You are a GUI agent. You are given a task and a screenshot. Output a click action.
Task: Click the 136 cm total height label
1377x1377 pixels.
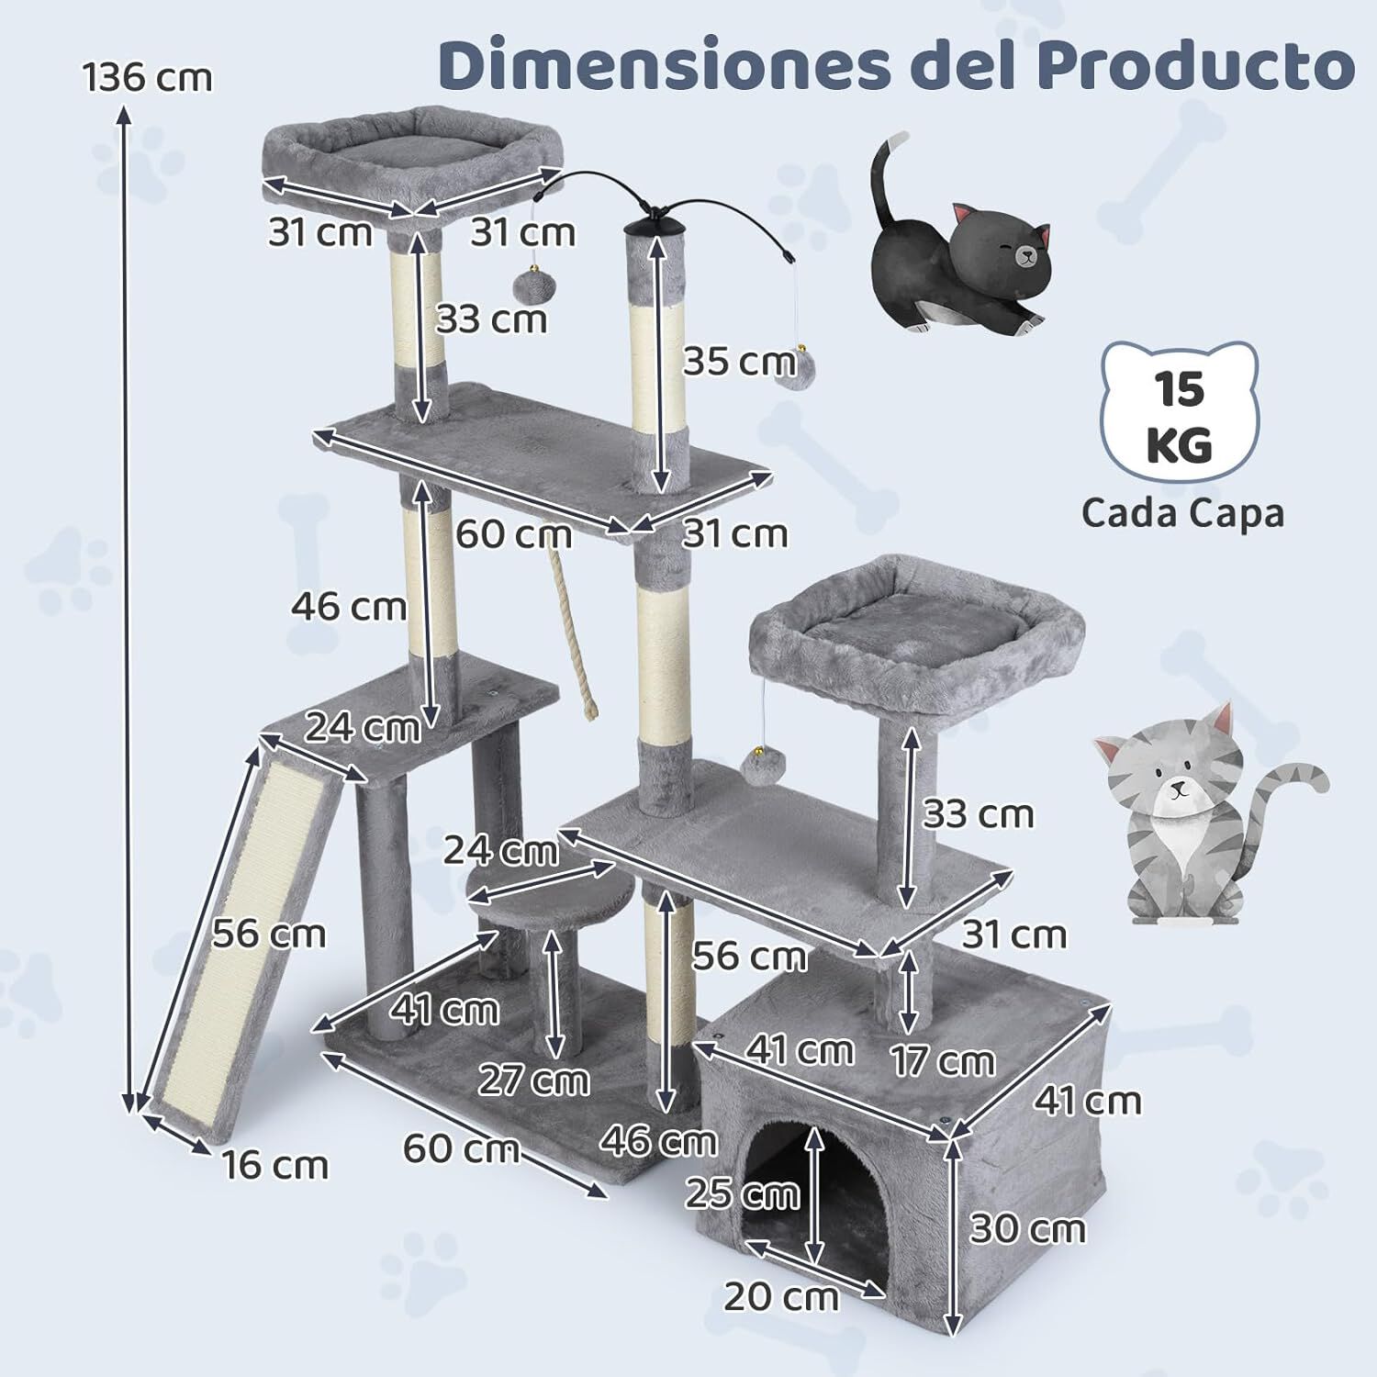tap(147, 77)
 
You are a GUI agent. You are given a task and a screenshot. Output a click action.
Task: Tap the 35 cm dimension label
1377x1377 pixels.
tap(739, 362)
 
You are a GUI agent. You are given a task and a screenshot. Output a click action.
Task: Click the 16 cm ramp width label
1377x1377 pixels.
tap(274, 1166)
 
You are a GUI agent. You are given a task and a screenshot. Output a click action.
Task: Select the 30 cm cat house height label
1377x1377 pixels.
tap(1026, 1228)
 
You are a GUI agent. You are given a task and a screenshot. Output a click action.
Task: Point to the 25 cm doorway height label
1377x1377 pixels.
tap(742, 1194)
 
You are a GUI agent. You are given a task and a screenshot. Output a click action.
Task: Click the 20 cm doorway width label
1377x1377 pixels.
tap(780, 1297)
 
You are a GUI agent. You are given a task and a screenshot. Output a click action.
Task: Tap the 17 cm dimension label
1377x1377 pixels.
tap(943, 1061)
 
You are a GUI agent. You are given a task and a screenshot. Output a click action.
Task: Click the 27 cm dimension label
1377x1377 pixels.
tap(533, 1080)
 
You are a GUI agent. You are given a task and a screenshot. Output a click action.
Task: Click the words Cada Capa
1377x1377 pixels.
tap(1181, 512)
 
